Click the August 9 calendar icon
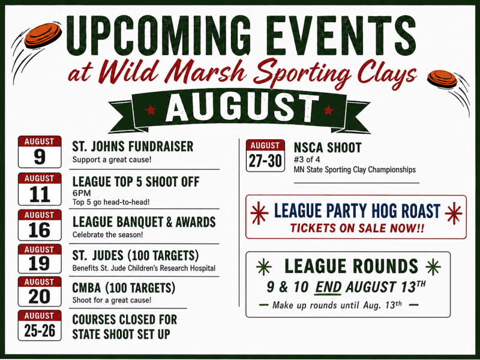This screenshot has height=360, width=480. (x=40, y=152)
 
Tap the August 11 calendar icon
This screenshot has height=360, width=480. (x=40, y=189)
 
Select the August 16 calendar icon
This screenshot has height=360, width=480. (x=40, y=225)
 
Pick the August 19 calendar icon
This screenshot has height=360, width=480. (x=40, y=259)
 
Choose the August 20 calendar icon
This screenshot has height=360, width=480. (x=40, y=292)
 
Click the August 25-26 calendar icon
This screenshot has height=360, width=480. (x=40, y=325)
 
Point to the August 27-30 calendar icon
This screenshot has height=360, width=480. (x=265, y=156)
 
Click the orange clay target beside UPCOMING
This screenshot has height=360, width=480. (x=43, y=34)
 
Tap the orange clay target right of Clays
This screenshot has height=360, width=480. (x=442, y=79)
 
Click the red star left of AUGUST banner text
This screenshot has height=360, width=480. (x=151, y=110)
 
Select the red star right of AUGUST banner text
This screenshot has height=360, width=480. (x=328, y=110)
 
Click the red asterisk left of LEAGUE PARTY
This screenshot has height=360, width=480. (x=259, y=213)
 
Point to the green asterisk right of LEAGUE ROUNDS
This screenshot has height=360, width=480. (x=433, y=266)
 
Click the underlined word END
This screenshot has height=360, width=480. (x=328, y=287)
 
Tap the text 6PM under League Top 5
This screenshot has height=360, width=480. (x=82, y=193)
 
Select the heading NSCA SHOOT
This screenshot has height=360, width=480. (x=328, y=148)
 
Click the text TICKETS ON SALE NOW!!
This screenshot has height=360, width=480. (x=357, y=228)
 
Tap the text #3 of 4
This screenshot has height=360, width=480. (x=307, y=160)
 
